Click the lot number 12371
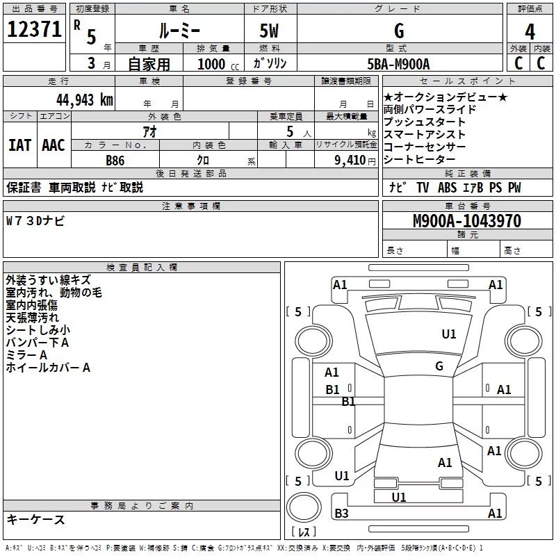33,29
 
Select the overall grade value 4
530,31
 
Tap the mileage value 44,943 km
78,99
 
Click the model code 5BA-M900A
399,63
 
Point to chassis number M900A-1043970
467,221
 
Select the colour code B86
115,160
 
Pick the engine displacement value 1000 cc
216,63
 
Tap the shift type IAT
19,145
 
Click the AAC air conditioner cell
54,145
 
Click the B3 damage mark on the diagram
341,514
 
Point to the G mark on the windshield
439,366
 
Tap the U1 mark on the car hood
449,334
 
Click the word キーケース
35,519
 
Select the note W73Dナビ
35,221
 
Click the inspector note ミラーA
26,355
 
